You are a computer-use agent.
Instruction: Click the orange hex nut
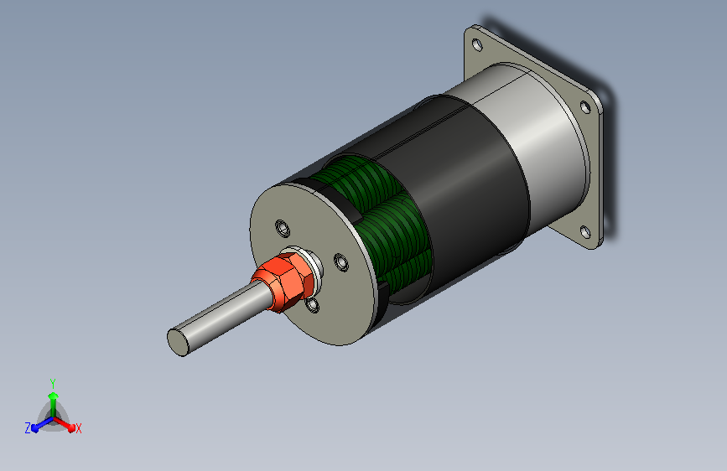283,282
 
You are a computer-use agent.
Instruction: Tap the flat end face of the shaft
178,342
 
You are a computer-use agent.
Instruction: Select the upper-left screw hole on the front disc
283,228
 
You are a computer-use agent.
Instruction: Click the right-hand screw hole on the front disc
341,262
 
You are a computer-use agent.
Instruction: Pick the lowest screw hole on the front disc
313,304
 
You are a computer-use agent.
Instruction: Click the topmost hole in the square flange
477,44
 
